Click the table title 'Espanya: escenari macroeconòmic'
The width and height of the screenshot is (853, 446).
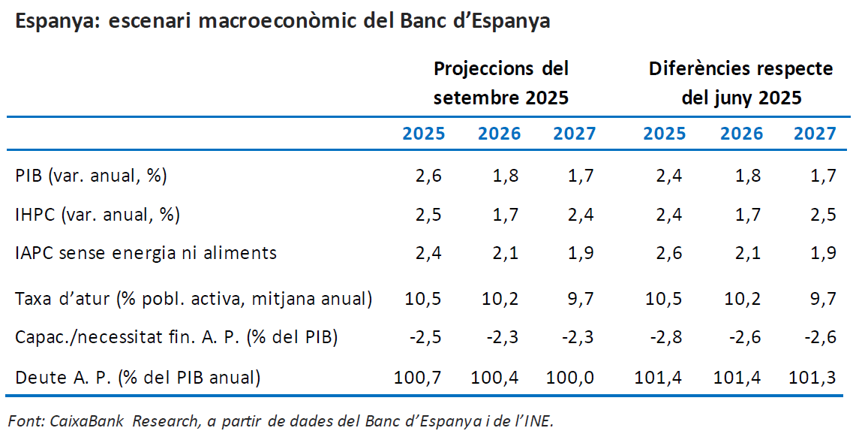pos(282,22)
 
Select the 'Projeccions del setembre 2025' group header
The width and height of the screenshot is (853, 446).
pos(500,83)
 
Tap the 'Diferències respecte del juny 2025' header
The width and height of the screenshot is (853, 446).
pos(740,83)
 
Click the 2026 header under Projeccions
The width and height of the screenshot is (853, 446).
pos(499,134)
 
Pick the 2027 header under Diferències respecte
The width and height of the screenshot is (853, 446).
pos(815,134)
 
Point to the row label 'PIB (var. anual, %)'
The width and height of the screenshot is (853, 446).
pos(91,176)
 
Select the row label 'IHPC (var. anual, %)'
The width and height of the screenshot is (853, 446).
pos(98,215)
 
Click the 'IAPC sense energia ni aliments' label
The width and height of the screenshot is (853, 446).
pos(146,253)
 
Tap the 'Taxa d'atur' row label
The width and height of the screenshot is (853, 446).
pos(194,299)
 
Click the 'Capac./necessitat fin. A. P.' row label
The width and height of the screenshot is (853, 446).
pos(176,337)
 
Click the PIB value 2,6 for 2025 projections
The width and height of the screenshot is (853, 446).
pos(429,176)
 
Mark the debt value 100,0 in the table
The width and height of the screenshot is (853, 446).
pos(573,377)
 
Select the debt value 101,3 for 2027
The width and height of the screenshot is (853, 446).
pos(813,377)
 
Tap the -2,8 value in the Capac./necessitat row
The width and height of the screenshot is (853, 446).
pos(665,337)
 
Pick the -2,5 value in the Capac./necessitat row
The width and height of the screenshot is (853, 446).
pos(425,337)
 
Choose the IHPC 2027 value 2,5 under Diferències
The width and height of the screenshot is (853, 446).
pos(822,215)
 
